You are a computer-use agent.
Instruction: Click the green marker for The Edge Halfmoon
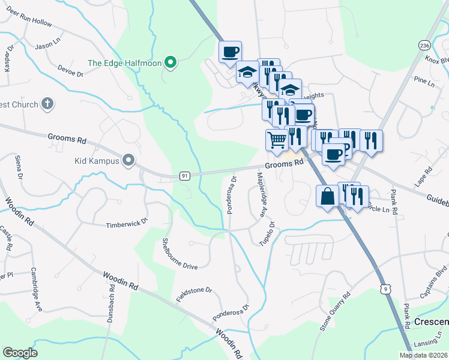170,62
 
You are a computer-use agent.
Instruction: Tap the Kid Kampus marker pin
128,160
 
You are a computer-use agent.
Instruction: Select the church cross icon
47,104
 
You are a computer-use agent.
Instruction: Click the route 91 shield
185,175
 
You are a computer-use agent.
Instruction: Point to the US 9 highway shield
388,289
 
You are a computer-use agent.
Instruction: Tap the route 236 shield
424,46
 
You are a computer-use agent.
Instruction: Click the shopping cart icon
276,140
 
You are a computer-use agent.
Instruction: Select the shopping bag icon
328,196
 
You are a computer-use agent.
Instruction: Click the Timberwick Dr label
126,226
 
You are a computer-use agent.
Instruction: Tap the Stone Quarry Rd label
335,312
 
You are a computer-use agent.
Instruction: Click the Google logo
20,353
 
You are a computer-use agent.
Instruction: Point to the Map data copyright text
424,355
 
